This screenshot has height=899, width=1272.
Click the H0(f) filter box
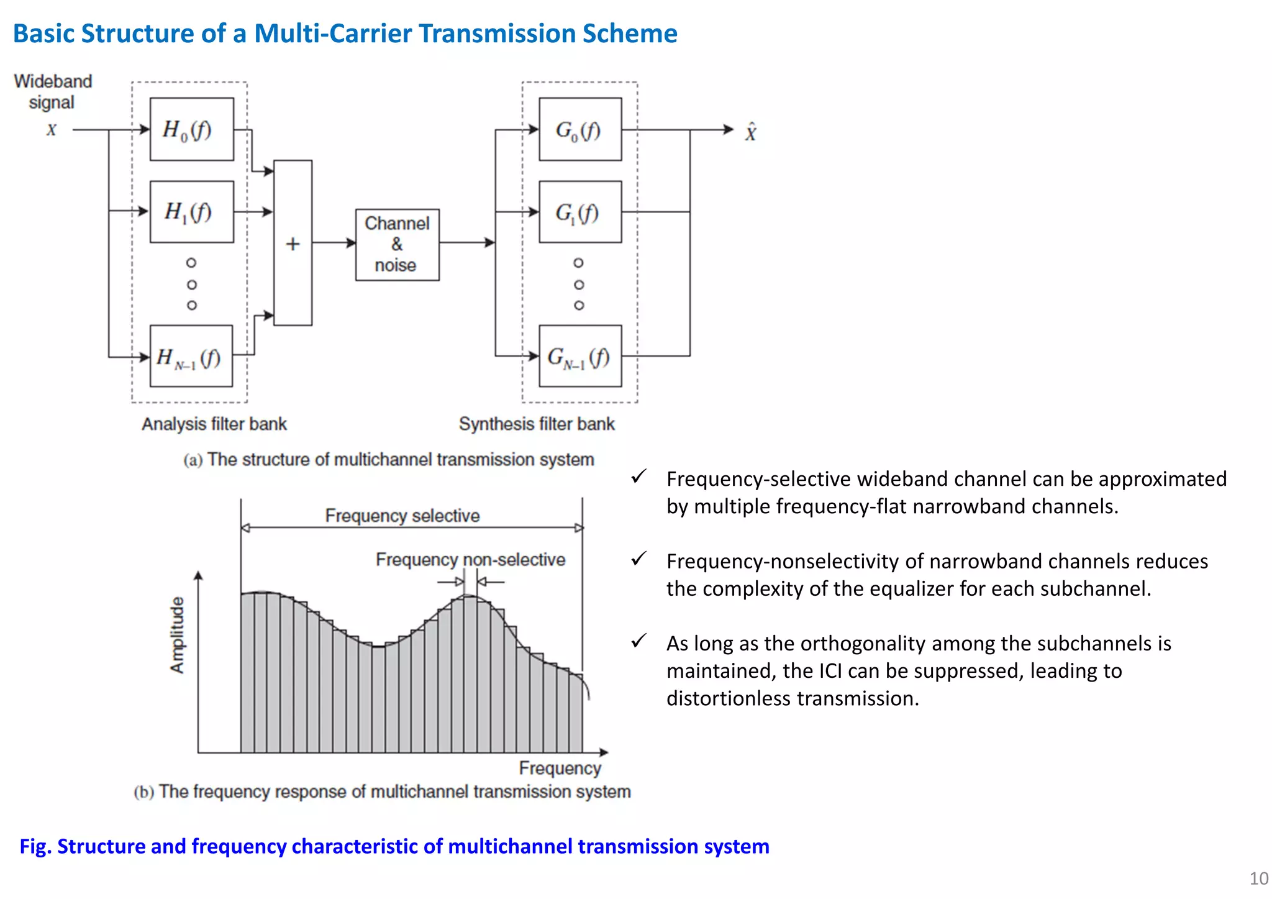pos(192,129)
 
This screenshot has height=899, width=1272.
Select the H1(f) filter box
pos(192,212)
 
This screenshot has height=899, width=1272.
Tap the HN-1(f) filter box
pos(191,356)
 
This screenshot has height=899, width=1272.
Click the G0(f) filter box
pos(580,129)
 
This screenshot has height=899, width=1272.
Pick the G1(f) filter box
pos(580,212)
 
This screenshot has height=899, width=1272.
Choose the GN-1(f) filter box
pos(580,356)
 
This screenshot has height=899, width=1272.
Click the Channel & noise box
pos(397,245)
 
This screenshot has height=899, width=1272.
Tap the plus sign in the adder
pos(293,244)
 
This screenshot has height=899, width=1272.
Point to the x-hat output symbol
pos(751,132)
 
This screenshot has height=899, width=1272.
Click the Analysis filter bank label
pos(214,424)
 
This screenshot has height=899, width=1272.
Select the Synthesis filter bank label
pos(537,424)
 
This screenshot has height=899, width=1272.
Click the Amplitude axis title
pos(178,635)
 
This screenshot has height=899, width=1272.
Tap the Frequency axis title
pos(560,768)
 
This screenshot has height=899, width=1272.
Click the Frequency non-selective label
pos(470,560)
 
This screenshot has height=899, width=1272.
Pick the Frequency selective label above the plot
pos(402,516)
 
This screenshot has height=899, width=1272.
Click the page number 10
pos(1258,878)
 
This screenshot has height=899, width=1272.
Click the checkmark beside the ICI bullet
pos(638,641)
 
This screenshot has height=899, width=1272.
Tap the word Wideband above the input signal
pos(53,81)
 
